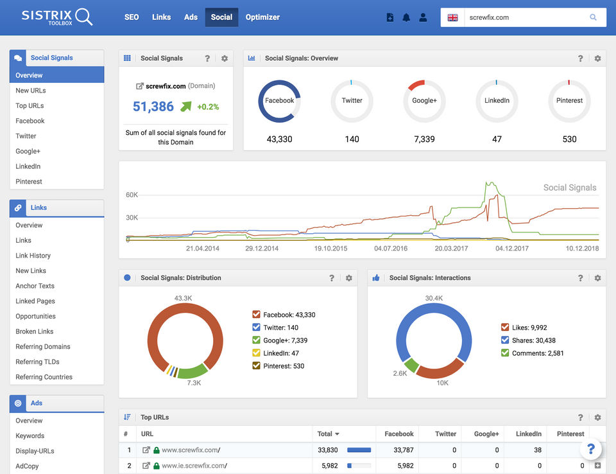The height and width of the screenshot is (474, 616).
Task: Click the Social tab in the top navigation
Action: click(221, 17)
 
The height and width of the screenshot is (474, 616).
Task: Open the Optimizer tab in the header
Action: click(262, 17)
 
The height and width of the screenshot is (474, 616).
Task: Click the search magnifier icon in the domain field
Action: click(594, 17)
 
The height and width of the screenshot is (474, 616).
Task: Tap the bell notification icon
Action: click(406, 17)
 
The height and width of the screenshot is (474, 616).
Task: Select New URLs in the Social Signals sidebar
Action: click(31, 91)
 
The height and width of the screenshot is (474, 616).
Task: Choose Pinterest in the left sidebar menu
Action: click(29, 182)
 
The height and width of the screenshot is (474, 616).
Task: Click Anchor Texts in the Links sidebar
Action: click(35, 286)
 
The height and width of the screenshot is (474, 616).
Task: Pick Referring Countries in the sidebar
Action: click(44, 377)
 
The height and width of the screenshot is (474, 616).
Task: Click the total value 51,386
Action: click(153, 107)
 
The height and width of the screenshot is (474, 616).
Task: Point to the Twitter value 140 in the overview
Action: click(352, 139)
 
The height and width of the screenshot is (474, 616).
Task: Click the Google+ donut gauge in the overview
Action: click(424, 101)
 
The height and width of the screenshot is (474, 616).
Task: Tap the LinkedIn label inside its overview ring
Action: click(497, 101)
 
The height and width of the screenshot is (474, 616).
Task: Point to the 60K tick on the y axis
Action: click(132, 195)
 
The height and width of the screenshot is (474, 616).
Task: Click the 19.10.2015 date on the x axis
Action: click(330, 248)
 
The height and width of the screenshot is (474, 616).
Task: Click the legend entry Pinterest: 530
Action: click(279, 366)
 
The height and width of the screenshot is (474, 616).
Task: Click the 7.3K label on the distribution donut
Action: click(193, 383)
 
